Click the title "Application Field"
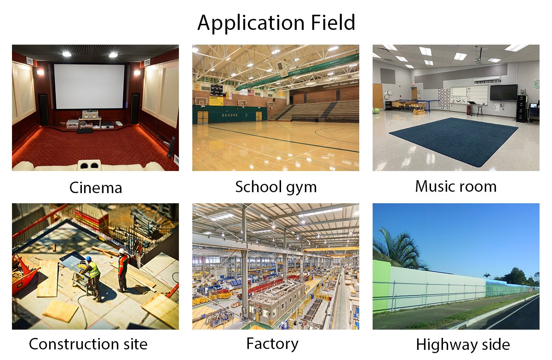coord(276,23)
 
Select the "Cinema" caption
coord(96,188)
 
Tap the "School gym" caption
coord(276,188)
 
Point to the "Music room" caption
coord(456,186)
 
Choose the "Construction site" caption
coord(88,344)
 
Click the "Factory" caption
coord(272,344)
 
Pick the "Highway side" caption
coord(463,345)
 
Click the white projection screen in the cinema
coord(89,86)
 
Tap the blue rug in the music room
coord(453,140)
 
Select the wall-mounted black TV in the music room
coord(503,92)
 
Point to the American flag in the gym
coord(250,93)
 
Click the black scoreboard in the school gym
coord(216,90)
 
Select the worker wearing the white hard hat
coord(122,269)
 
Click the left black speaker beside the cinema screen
coord(43,109)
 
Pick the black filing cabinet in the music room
coord(522,109)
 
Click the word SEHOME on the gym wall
coord(230,115)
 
